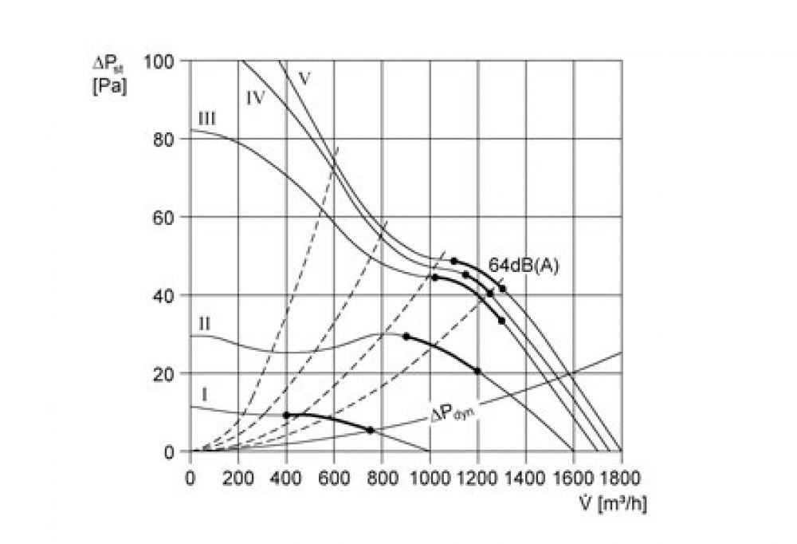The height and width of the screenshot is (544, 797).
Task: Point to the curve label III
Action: pyautogui.click(x=206, y=118)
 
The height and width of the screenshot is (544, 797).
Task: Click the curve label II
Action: pyautogui.click(x=204, y=324)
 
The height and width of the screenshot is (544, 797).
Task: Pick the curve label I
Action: pyautogui.click(x=204, y=393)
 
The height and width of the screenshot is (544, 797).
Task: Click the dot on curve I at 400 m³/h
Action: pyautogui.click(x=286, y=415)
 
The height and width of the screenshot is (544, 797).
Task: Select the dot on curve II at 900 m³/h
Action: pyautogui.click(x=406, y=337)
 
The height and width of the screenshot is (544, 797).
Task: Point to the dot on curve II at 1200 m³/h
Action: pyautogui.click(x=477, y=371)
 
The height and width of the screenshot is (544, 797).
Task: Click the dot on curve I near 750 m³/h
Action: pyautogui.click(x=371, y=430)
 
